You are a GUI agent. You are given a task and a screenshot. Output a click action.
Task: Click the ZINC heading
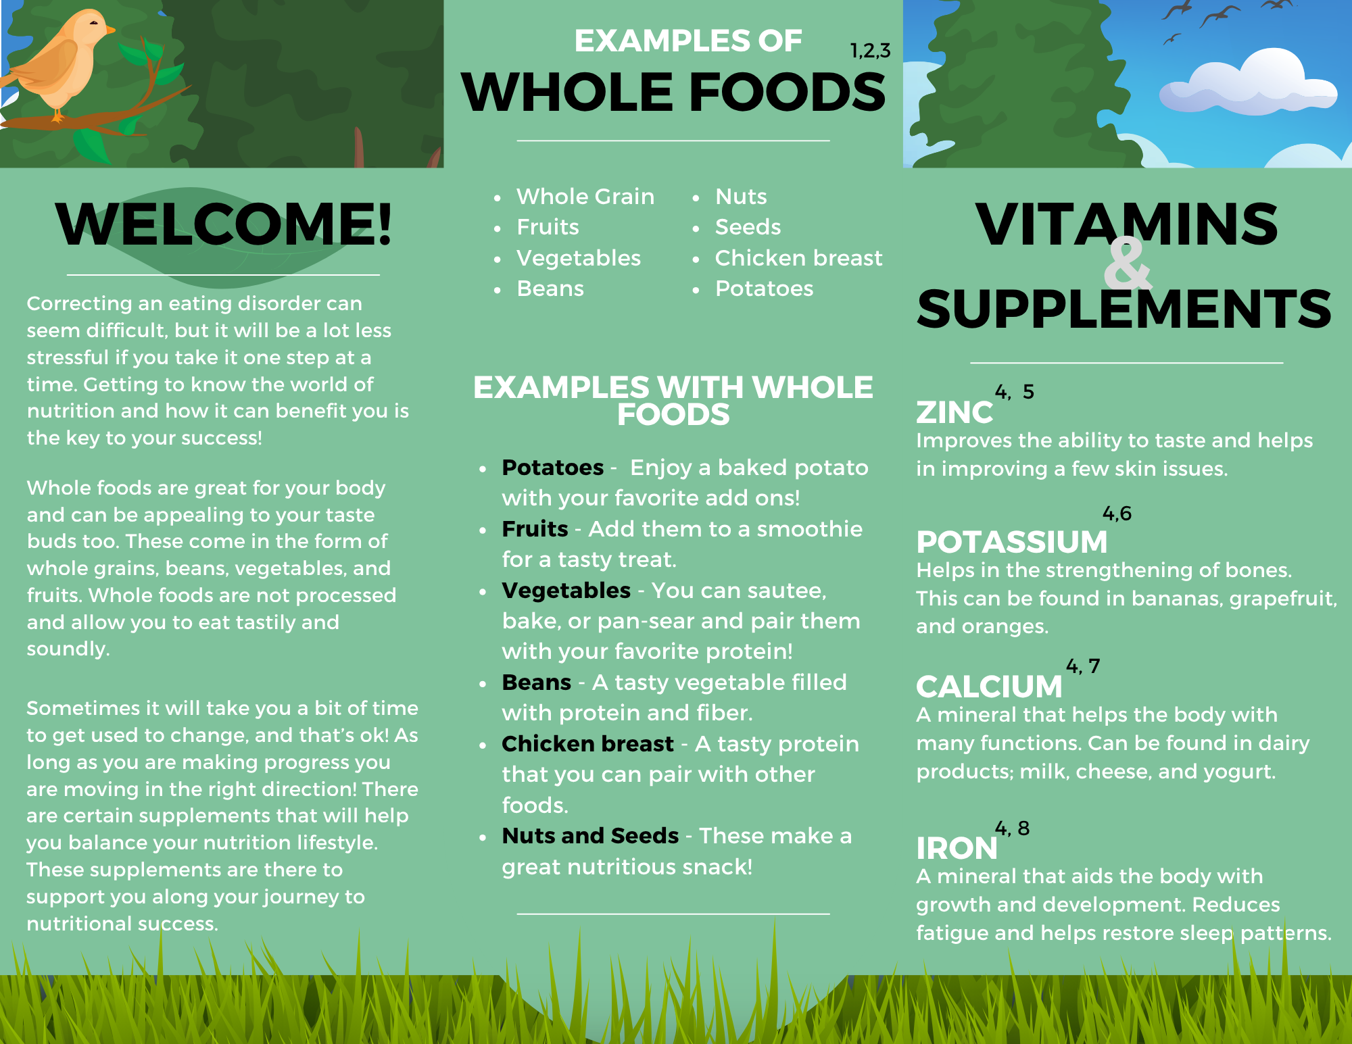(x=955, y=412)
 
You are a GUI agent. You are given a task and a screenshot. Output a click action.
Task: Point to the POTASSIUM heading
(x=1012, y=541)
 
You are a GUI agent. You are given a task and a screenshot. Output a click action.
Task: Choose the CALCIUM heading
(x=990, y=687)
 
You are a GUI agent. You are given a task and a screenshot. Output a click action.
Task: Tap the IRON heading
(x=957, y=848)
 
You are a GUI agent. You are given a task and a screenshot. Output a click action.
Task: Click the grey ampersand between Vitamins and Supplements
(x=1127, y=264)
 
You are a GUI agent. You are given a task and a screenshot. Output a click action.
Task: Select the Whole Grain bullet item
(x=585, y=197)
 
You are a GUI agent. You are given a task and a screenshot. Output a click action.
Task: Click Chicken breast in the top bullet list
(x=798, y=257)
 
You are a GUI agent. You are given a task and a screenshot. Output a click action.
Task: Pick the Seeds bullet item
(x=748, y=227)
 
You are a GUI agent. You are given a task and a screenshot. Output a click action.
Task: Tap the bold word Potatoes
(x=553, y=468)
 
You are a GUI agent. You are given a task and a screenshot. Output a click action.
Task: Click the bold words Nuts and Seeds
(x=590, y=836)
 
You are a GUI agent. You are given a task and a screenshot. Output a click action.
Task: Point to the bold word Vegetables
(x=566, y=591)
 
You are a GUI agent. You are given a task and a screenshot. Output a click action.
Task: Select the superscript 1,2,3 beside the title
(x=870, y=51)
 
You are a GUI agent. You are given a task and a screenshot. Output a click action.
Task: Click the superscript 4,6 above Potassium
(x=1117, y=514)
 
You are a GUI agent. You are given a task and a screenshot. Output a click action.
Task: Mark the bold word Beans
(x=537, y=682)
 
